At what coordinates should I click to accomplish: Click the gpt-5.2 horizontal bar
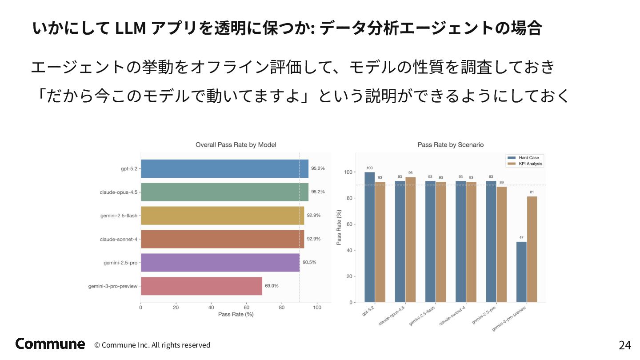pos(224,169)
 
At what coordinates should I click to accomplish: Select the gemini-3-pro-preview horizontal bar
pos(201,286)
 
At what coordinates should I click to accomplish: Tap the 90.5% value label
pos(309,262)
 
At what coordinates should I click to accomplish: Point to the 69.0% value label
pos(272,286)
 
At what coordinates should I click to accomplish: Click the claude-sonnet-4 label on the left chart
pos(119,239)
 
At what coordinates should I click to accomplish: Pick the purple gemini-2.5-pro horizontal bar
pos(220,262)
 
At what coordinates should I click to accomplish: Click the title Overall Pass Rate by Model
pos(236,145)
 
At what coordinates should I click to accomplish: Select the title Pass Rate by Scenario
pos(451,145)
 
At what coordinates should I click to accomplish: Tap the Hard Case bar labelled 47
pos(521,272)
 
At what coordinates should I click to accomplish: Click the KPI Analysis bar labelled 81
pos(532,249)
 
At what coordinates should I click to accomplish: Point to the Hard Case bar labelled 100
pos(369,237)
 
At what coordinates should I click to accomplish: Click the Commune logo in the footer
pos(50,344)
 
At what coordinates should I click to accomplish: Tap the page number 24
pos(624,345)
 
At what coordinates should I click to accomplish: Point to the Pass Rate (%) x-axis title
pos(236,314)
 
